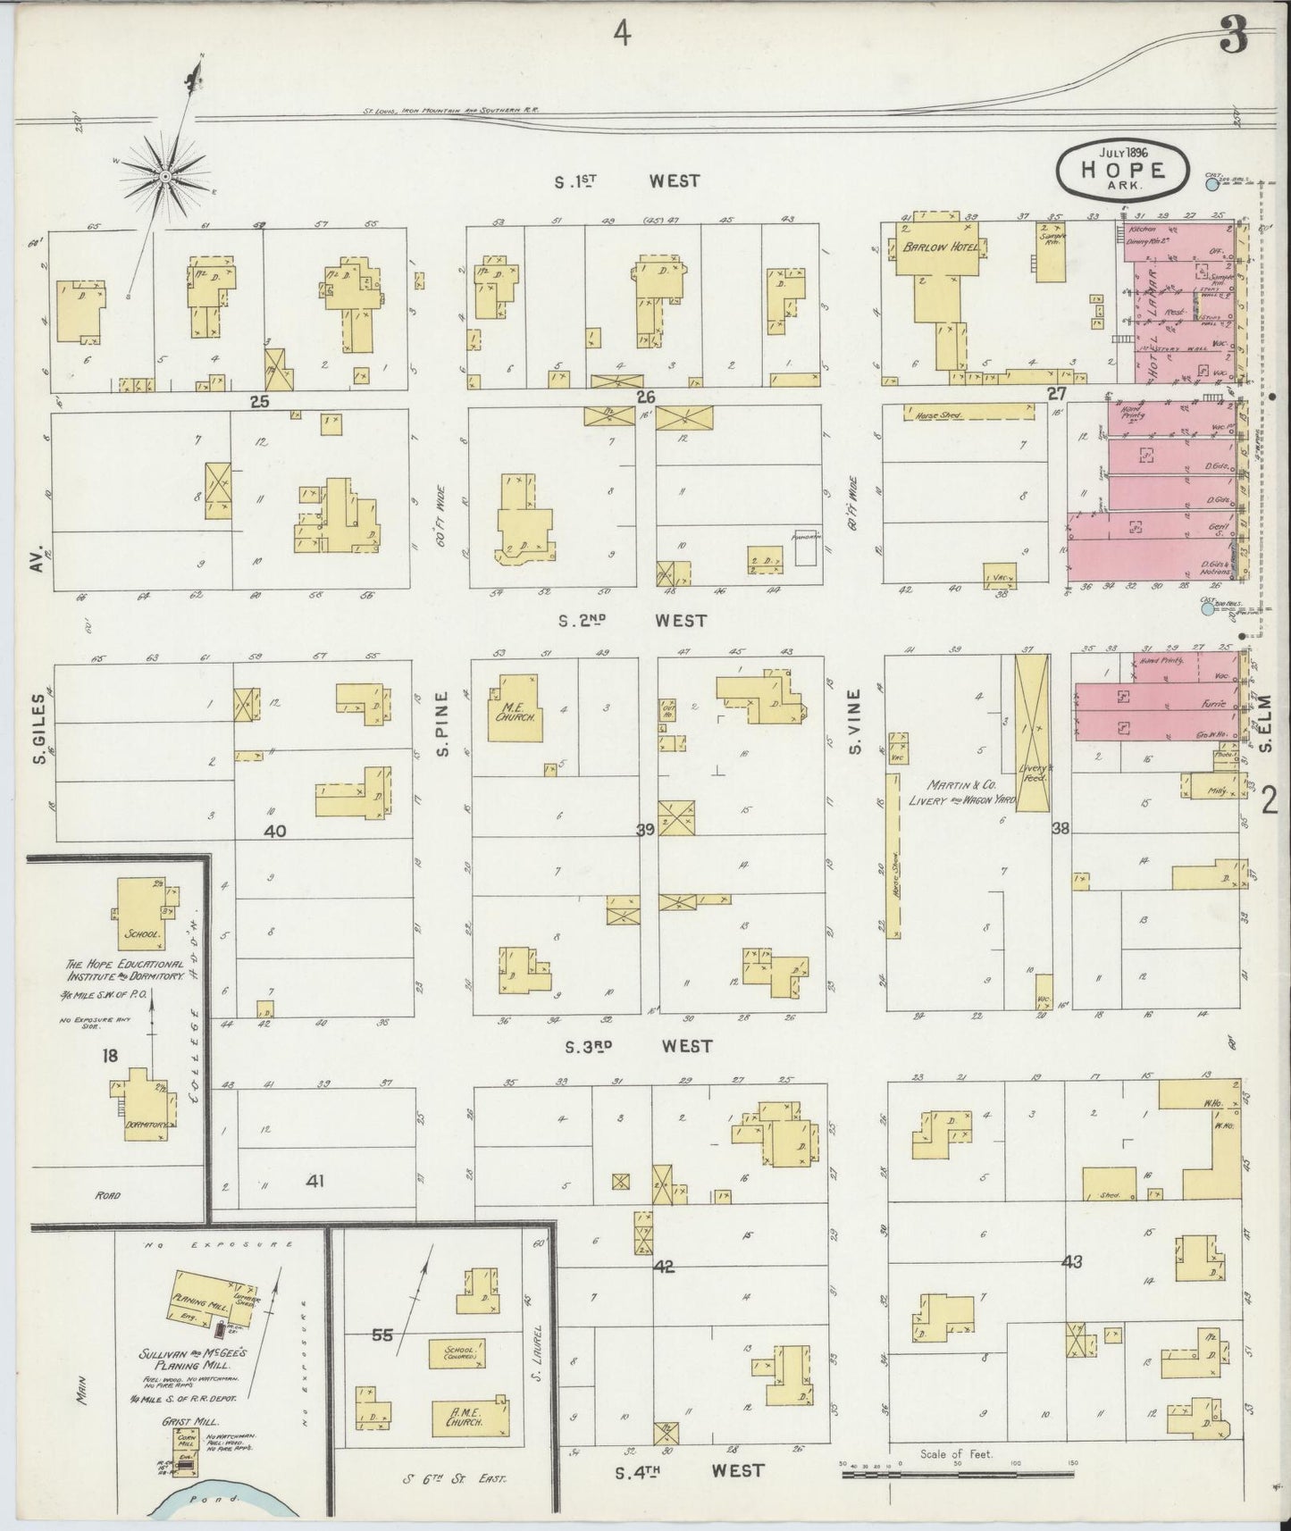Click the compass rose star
point(165,178)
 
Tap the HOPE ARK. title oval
point(1122,169)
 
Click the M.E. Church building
point(515,709)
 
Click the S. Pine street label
point(441,739)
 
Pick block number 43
point(1072,1262)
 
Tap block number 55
point(382,1335)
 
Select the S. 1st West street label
point(625,181)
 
